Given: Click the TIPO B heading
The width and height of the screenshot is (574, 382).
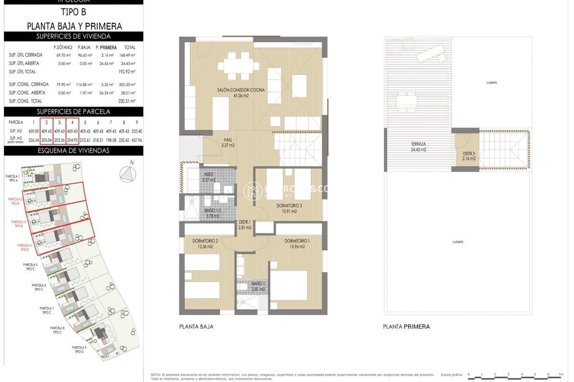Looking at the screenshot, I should pos(74,12).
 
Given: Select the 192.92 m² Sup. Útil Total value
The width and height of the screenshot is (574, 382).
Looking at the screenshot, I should pos(127,72).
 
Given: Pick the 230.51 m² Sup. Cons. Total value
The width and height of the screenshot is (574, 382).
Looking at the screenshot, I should pos(127,101).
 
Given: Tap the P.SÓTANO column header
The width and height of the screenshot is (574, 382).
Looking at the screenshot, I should pos(63,47).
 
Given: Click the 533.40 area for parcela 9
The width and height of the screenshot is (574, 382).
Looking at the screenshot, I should pos(137,131).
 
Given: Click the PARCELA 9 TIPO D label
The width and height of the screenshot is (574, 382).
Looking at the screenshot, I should pos(79,349).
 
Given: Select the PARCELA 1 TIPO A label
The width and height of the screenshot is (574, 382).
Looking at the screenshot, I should pos(13,178).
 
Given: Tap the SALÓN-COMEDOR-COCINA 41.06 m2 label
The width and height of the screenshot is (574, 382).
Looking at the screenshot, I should pos(241,93).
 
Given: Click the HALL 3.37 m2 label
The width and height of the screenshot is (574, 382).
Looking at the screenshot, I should pos(228,142).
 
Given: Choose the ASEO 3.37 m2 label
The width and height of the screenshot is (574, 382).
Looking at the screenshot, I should pos(209,177).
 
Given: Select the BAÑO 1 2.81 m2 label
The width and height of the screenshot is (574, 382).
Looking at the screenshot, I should pos(258,286).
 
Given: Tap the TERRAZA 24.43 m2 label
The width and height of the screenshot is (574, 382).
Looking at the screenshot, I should pos(418,147).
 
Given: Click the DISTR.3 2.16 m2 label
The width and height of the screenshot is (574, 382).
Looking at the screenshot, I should pos(468,156).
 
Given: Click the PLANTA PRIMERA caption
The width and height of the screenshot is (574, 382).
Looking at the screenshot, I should pos(406,327).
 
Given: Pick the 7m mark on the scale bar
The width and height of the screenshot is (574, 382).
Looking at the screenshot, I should pos(561,375).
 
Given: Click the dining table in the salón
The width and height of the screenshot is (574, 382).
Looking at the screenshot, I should pos(238,66).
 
